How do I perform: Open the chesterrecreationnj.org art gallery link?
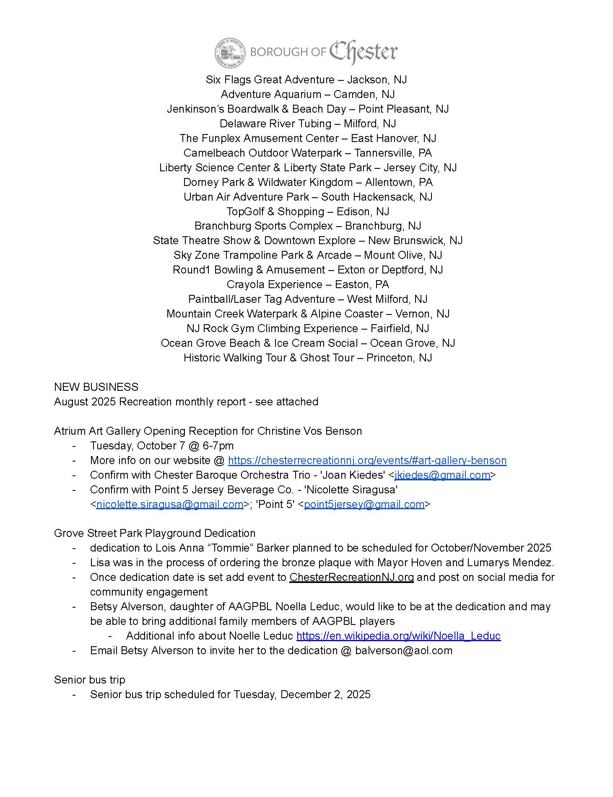point(367,460)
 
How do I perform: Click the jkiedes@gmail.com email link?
point(442,475)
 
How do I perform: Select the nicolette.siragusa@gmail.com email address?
point(170,504)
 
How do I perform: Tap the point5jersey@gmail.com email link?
point(364,504)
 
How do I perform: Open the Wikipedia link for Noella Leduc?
point(398,636)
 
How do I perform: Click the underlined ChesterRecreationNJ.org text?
point(351,577)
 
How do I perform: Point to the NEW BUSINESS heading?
point(96,387)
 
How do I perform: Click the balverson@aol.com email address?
point(404,650)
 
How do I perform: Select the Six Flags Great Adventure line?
point(306,80)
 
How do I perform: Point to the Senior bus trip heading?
point(90,680)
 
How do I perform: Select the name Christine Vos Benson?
point(309,431)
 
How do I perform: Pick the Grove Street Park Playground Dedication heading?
point(155,533)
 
